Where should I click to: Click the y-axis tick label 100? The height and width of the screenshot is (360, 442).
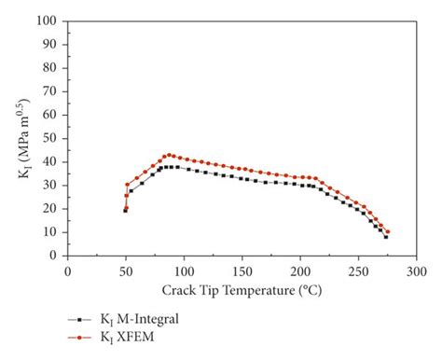[x=48, y=21]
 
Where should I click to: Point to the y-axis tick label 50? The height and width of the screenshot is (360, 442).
[x=51, y=138]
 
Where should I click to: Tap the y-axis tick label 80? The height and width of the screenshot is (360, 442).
[x=51, y=67]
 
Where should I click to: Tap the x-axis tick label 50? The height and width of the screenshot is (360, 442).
[x=126, y=270]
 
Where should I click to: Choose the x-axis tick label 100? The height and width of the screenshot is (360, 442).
[x=184, y=270]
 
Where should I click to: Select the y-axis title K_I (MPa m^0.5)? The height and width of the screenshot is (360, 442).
[x=25, y=138]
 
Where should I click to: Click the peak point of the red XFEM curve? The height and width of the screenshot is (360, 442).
[x=168, y=155]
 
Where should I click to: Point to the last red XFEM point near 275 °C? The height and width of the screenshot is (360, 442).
[x=387, y=231]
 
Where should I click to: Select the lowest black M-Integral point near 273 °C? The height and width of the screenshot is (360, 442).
[x=385, y=237]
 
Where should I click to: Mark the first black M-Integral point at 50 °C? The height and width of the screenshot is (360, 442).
[x=125, y=211]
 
